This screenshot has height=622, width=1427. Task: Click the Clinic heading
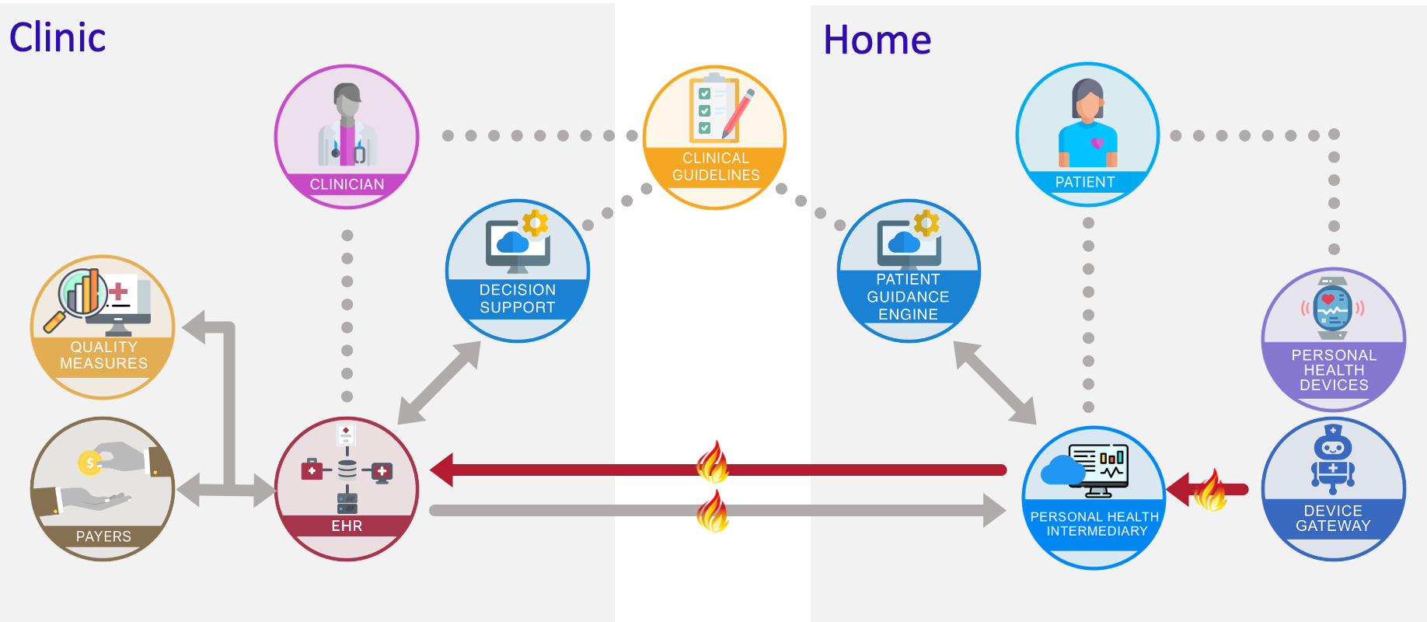tap(58, 37)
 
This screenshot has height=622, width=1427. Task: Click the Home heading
tap(877, 40)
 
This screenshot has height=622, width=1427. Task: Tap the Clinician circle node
tap(347, 136)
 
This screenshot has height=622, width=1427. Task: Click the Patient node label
tap(1085, 182)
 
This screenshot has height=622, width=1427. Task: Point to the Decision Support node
tap(518, 271)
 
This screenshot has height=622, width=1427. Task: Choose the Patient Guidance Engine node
tap(909, 271)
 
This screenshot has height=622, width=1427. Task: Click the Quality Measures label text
tap(103, 355)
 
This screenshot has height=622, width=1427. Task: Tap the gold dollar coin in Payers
tap(89, 463)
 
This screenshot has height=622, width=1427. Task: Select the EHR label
tap(347, 526)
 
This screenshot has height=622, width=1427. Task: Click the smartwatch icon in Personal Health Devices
tap(1333, 309)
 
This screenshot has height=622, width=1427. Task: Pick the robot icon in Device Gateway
tap(1333, 459)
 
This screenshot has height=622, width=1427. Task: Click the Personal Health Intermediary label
tap(1094, 524)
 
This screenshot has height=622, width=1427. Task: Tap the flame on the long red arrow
tap(713, 463)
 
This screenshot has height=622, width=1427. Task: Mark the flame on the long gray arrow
tap(713, 511)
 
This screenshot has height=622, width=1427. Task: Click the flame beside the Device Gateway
tap(1209, 490)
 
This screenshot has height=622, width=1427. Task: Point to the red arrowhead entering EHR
tap(443, 470)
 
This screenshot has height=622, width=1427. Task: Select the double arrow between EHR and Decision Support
tap(439, 383)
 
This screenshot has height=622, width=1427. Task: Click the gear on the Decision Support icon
tap(535, 223)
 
